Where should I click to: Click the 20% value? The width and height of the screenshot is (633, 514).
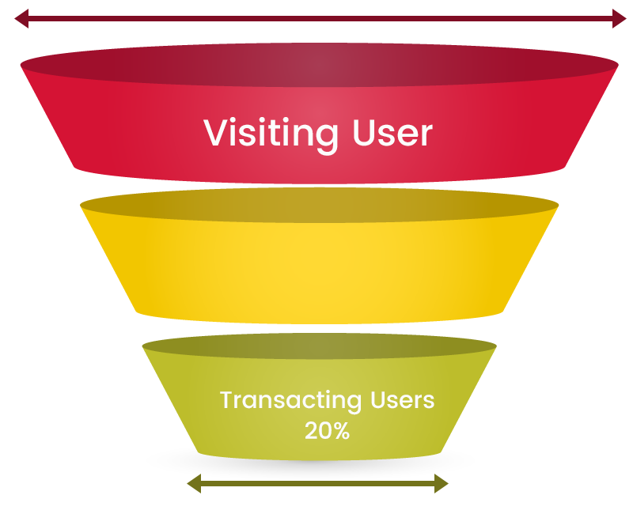point(327,431)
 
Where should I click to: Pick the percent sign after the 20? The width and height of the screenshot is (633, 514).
point(341,431)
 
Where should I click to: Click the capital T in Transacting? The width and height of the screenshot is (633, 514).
point(226,400)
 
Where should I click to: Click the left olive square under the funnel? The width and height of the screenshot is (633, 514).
point(193,485)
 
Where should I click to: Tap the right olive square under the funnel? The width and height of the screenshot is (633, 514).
point(441,485)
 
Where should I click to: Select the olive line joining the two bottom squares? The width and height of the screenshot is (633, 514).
point(316,488)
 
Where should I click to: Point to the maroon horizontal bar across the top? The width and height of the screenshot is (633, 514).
point(316,21)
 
